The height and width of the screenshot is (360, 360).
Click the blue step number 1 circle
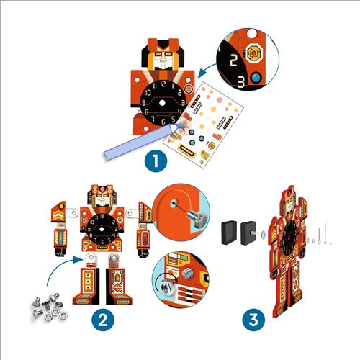pos(156,161)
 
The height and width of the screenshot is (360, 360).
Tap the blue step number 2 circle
pos(103,320)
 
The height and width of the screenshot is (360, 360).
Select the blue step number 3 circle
pos(253,320)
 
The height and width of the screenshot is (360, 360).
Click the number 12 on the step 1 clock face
pos(163,84)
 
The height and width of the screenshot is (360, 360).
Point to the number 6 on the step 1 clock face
pos(163,122)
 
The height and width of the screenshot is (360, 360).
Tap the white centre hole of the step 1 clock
pos(162,103)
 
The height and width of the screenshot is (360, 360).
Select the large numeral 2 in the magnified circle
pos(233,60)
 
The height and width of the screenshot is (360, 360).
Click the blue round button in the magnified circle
pos(256,78)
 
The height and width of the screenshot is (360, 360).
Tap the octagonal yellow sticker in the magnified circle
pos(253,53)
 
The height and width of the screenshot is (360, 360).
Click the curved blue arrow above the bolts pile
pos(60,266)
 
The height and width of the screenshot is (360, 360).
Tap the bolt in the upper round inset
pos(197,218)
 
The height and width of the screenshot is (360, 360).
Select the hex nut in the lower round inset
pos(166,287)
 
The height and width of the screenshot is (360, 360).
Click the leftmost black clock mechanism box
pos(229,233)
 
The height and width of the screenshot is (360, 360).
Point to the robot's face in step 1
pos(163,59)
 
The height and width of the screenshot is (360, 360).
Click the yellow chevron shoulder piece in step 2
pos(58,212)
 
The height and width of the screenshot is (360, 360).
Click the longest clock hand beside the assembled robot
pos(325,233)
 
